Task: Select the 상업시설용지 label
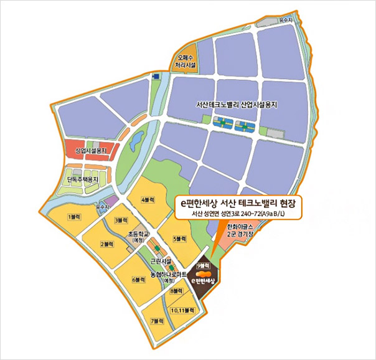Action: click(91, 151)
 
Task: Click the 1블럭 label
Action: click(73, 216)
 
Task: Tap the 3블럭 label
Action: click(121, 220)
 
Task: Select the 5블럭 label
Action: click(181, 239)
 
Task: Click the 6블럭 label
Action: click(139, 280)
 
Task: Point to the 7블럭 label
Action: click(157, 320)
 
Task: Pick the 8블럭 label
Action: click(176, 291)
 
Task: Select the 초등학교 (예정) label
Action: click(136, 237)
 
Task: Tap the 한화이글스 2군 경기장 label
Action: click(240, 230)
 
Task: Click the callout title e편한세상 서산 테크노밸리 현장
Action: click(237, 203)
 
